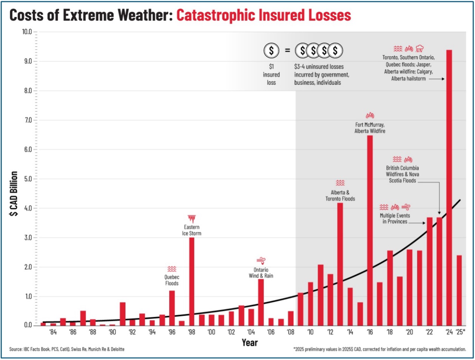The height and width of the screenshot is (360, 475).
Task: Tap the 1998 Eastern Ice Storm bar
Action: click(192, 281)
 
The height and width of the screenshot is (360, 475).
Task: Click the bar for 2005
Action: click(261, 302)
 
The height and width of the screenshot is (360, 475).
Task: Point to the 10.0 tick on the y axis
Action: click(27, 32)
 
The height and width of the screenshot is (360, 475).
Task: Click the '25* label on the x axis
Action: click(460, 332)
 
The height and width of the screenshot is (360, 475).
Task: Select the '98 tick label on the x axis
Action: click(191, 332)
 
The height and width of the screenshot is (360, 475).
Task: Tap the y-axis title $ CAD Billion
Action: click(14, 193)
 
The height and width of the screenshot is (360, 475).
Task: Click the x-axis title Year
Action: click(250, 343)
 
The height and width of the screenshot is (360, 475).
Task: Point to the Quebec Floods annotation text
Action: click(172, 280)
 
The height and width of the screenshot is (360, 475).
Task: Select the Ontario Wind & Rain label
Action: click(261, 273)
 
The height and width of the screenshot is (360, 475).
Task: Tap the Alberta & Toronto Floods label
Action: click(340, 196)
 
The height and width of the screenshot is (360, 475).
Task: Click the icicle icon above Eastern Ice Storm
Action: click(192, 219)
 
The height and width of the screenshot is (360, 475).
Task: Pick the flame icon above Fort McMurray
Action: click(370, 116)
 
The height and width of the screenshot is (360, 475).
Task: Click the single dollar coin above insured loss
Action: click(271, 50)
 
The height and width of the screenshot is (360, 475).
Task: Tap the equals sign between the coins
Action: click(287, 50)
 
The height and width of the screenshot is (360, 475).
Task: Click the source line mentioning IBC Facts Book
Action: click(67, 349)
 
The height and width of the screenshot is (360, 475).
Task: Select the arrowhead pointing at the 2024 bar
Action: click(443, 79)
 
